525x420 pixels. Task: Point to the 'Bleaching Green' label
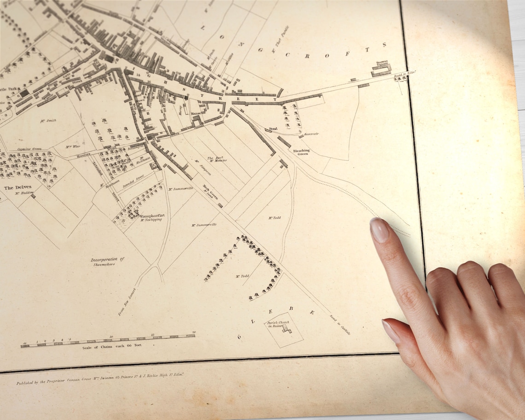301,152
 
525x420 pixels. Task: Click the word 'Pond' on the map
273,129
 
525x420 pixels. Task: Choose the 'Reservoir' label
311,134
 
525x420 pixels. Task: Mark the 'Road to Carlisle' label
340,324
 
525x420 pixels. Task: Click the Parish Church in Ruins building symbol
287,328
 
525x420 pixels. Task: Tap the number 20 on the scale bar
194,332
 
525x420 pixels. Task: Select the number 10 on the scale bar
111,337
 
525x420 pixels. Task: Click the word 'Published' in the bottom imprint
27,383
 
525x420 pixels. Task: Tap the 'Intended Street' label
134,180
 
